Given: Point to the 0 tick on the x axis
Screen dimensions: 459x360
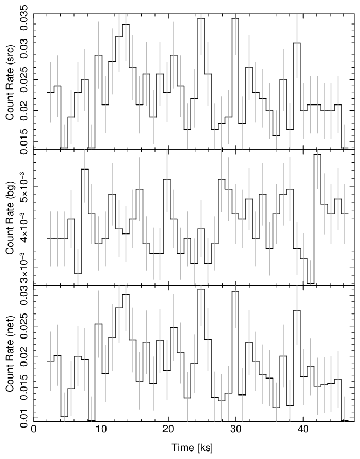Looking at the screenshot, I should (x=34, y=430).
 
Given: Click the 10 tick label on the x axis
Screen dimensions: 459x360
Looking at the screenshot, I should (x=101, y=430).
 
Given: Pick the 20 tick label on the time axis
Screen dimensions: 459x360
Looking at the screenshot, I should (x=169, y=430).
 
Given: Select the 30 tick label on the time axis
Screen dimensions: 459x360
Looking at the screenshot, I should (x=236, y=430).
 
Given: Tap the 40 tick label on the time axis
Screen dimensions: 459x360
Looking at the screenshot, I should (x=304, y=430).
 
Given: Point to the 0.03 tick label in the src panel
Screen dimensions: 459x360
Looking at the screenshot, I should (x=25, y=49).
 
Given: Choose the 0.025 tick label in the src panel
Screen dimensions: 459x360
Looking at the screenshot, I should (x=25, y=79).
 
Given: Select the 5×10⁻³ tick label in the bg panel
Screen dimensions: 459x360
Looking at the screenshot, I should (x=25, y=186).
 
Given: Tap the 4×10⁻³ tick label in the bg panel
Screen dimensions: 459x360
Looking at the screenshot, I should (x=25, y=226).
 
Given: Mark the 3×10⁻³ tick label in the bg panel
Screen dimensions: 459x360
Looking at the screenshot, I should (x=25, y=267).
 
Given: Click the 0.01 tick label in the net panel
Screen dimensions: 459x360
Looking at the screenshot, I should (x=25, y=415).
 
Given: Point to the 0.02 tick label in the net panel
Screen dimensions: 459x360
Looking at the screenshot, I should (x=25, y=357).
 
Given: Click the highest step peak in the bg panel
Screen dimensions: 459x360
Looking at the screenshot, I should (x=317, y=155).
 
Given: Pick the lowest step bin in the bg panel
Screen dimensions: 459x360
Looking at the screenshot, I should (x=310, y=283).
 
